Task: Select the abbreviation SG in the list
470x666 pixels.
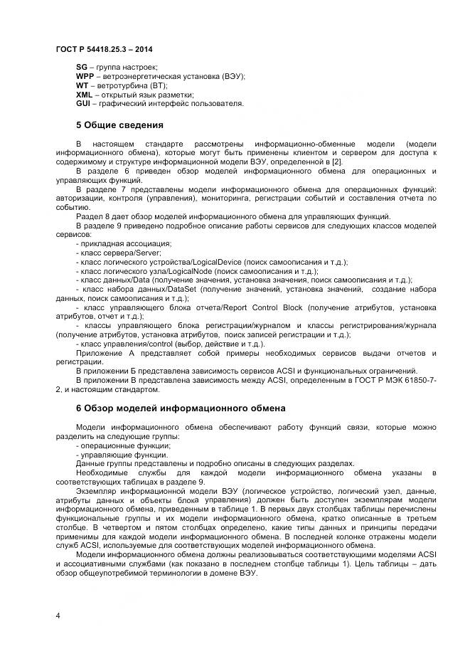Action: [x=82, y=67]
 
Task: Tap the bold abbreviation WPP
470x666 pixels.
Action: [x=85, y=76]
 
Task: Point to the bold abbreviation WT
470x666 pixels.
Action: [x=82, y=85]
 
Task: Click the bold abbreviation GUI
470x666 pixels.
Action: [x=83, y=104]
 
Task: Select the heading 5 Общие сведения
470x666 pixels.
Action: [x=119, y=125]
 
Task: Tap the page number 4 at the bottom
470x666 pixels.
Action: [x=58, y=615]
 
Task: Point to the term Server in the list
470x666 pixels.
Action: [x=150, y=253]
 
